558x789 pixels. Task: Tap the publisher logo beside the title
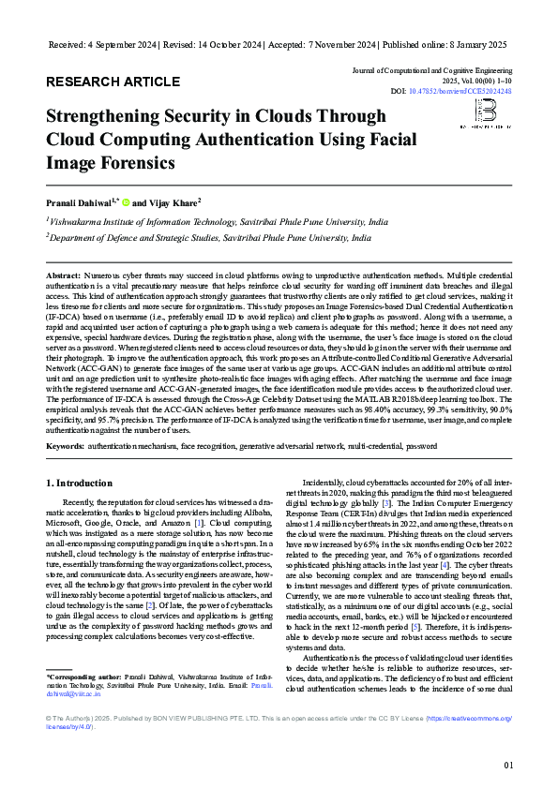coord(486,116)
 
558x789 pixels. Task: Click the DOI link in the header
coord(472,92)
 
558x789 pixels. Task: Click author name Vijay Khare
coord(173,201)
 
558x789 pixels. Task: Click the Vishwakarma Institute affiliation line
coord(218,223)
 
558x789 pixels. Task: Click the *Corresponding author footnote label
coord(82,675)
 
